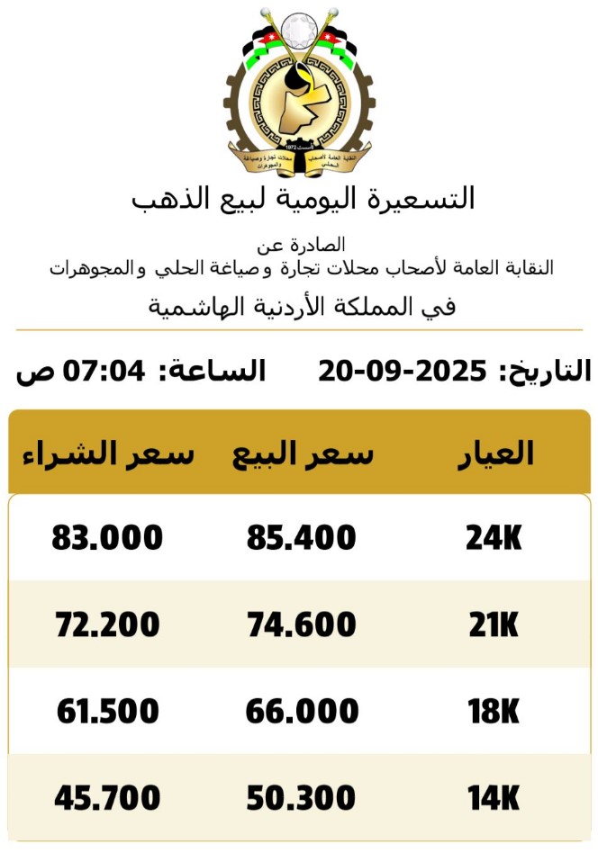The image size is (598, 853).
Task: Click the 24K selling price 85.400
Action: [x=302, y=538]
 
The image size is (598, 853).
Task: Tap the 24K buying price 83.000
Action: [x=107, y=538]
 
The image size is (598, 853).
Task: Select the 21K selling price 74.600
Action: [x=302, y=624]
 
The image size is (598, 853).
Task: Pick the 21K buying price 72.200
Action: [x=107, y=624]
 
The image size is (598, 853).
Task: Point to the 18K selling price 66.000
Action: [x=303, y=712]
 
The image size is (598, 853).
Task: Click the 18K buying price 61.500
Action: [x=107, y=712]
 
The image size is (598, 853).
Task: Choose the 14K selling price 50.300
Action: [x=302, y=798]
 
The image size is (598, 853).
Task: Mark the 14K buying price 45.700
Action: [x=107, y=798]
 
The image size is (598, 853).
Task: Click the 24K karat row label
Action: [x=494, y=538]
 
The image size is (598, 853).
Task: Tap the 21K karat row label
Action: [x=494, y=624]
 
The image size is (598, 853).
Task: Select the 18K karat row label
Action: [x=494, y=712]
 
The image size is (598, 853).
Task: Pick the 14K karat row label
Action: [x=494, y=798]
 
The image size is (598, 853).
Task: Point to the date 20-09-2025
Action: [x=402, y=371]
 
